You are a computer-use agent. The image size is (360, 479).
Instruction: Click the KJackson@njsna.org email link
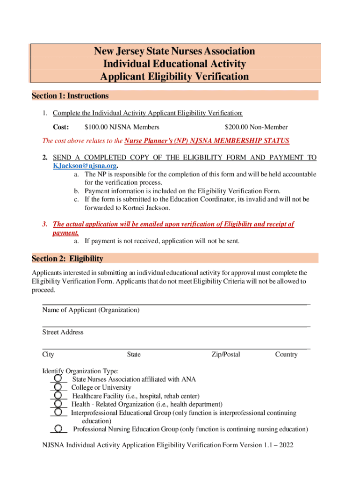click(85, 166)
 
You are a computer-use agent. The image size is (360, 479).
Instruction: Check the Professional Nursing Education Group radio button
click(58, 428)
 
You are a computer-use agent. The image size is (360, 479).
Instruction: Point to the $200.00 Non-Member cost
click(256, 127)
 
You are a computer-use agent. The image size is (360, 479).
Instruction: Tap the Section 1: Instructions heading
click(70, 96)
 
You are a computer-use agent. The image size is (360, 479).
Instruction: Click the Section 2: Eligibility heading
click(67, 259)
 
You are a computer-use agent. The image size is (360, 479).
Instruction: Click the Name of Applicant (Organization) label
click(91, 310)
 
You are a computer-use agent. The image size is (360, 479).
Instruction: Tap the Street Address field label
click(63, 332)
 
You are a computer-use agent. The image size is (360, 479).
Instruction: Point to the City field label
click(48, 355)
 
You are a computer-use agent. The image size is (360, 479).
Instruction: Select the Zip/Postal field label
click(225, 355)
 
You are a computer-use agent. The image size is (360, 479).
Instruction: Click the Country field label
click(286, 355)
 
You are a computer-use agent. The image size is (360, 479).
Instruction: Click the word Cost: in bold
click(61, 127)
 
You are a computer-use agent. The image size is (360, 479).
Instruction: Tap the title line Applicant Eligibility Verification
click(175, 77)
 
